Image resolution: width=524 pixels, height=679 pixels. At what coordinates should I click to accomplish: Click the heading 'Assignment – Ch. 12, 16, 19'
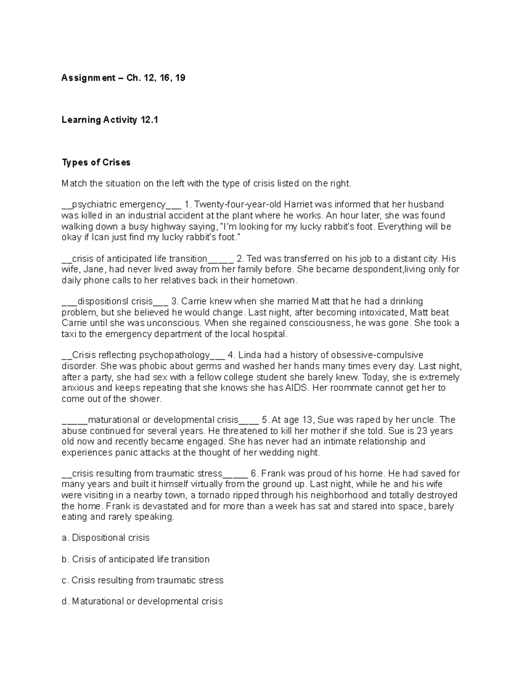(123, 78)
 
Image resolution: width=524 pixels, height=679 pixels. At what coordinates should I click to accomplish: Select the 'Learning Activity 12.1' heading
(110, 120)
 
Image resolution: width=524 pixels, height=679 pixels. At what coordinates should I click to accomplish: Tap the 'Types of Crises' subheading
(96, 163)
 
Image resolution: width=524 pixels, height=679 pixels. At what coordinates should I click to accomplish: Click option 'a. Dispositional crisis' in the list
(106, 538)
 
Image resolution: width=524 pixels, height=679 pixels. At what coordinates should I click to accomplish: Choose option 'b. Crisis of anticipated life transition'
(136, 559)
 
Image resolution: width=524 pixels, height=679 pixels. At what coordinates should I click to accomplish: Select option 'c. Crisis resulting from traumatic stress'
(142, 580)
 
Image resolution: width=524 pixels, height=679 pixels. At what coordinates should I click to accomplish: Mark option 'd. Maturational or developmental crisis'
(142, 602)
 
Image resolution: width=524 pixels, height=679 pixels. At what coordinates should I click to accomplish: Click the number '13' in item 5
(307, 420)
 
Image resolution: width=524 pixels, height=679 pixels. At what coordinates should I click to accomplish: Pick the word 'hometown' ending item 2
(278, 280)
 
